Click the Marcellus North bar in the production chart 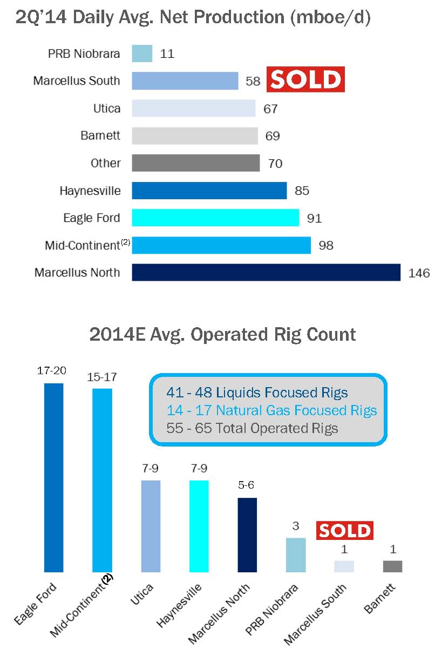tap(266, 272)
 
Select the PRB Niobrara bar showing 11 tap(142, 53)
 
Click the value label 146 tap(419, 273)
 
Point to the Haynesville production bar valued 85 tap(209, 191)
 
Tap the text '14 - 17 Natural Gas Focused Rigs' tap(272, 410)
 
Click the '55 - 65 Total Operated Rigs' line tap(253, 428)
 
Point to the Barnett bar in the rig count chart tap(393, 566)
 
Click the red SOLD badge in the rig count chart tap(344, 531)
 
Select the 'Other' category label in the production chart tap(106, 163)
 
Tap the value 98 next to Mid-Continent tap(325, 246)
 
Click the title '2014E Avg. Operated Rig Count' tap(222, 334)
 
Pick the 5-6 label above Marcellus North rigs tap(247, 485)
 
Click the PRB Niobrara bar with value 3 tap(296, 555)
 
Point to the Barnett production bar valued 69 tap(195, 136)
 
